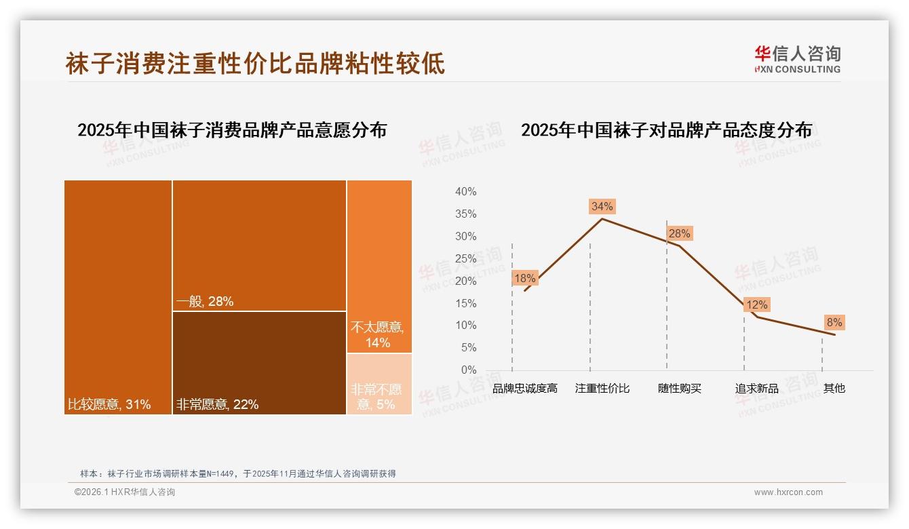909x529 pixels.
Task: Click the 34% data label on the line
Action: click(x=602, y=206)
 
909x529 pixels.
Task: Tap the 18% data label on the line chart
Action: click(x=524, y=278)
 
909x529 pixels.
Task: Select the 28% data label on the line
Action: click(x=679, y=234)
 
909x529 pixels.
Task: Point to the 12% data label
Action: click(x=756, y=305)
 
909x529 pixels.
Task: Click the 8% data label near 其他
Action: click(x=834, y=323)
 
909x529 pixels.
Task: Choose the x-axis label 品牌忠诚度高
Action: click(x=524, y=389)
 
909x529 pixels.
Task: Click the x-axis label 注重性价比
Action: click(x=602, y=389)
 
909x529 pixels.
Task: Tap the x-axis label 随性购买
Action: click(x=679, y=389)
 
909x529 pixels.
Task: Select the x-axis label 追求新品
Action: click(x=756, y=389)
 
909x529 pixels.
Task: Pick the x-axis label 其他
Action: click(x=834, y=389)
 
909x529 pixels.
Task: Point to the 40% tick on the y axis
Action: click(x=465, y=192)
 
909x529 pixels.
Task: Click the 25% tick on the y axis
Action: click(x=465, y=259)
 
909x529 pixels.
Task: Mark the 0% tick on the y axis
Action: click(x=468, y=370)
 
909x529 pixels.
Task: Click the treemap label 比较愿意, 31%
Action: click(x=109, y=405)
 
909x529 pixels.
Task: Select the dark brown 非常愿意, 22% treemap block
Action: click(x=259, y=362)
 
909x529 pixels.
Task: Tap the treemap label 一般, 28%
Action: click(x=205, y=302)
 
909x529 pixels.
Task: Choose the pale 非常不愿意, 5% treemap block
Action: click(x=379, y=385)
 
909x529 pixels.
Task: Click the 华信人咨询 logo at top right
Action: click(x=797, y=60)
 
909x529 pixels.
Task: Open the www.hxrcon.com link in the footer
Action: click(x=788, y=492)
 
